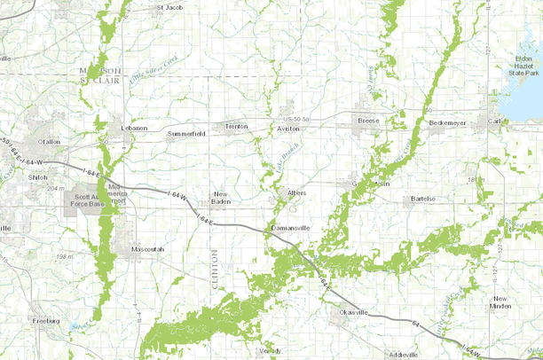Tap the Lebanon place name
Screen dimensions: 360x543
tap(133, 128)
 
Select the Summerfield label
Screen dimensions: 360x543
tap(186, 134)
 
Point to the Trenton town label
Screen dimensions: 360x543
tap(236, 127)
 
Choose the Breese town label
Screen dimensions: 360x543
tap(368, 119)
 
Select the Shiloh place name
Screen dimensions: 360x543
tap(38, 176)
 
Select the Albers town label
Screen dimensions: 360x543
tap(296, 191)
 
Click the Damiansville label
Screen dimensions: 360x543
tap(292, 228)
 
